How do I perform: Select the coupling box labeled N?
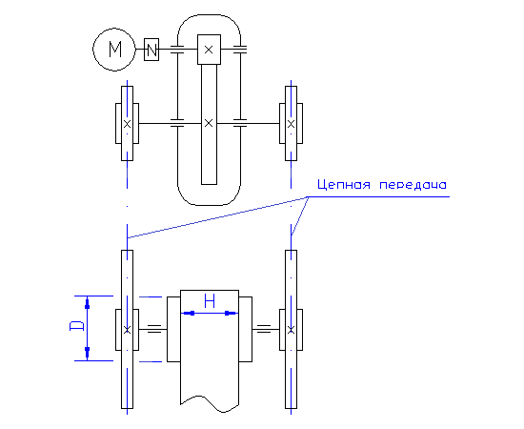151,50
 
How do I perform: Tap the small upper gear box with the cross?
209,50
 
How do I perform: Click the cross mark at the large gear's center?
209,123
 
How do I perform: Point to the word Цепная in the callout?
344,185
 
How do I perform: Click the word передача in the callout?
413,185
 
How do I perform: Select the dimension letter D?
76,326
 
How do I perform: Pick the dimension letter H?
210,301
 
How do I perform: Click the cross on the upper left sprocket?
127,124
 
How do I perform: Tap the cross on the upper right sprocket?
291,124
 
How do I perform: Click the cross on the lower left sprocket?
127,330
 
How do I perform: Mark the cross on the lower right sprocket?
291,330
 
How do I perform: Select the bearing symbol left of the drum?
154,329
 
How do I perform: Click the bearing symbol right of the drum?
264,329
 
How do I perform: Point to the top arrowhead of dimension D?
88,303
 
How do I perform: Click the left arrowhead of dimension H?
190,314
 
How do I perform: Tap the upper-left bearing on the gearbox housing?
177,50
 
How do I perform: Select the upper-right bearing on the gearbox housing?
240,50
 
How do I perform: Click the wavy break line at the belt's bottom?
210,403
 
